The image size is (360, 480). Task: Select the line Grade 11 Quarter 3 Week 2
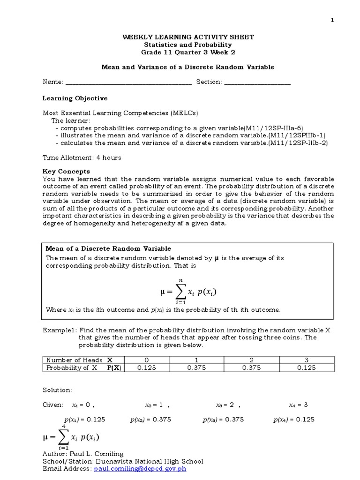pyautogui.click(x=187, y=52)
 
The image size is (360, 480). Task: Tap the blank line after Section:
pyautogui.click(x=257, y=82)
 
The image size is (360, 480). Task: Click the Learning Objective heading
pyautogui.click(x=75, y=98)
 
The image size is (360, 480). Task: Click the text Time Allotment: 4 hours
pyautogui.click(x=82, y=157)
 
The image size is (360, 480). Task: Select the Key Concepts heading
pyautogui.click(x=66, y=172)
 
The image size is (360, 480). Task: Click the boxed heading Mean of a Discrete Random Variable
pyautogui.click(x=108, y=248)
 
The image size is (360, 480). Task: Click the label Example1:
pyautogui.click(x=59, y=330)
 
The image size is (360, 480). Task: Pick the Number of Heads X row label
pyautogui.click(x=79, y=360)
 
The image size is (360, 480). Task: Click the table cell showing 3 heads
pyautogui.click(x=307, y=360)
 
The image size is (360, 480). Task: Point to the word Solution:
pyautogui.click(x=57, y=390)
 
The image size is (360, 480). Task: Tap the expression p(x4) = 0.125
pyautogui.click(x=294, y=420)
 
